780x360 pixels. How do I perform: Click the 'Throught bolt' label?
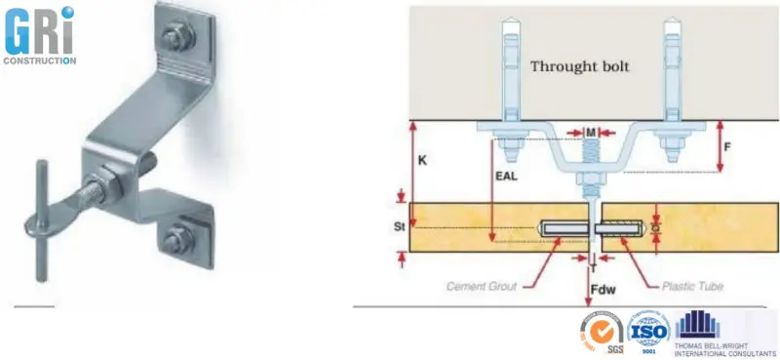tap(579, 67)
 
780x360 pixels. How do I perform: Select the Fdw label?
tap(604, 291)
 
